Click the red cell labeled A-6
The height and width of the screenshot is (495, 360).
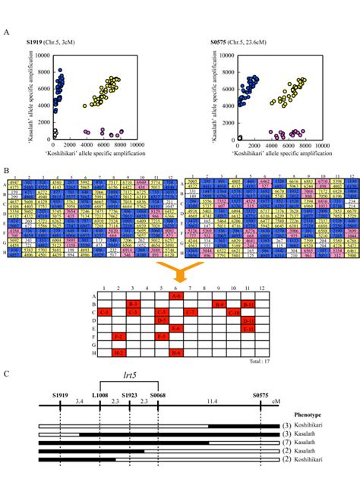click(175, 298)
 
